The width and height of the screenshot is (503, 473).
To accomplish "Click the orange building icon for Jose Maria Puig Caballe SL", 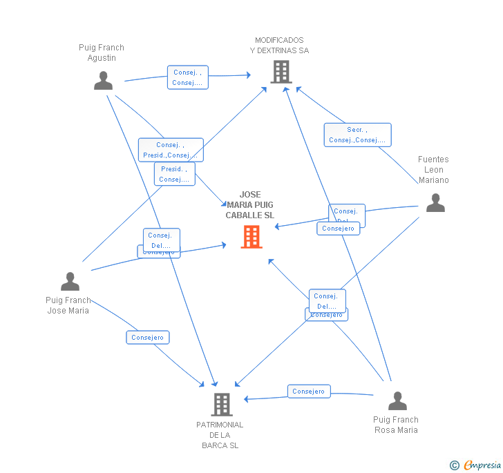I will (251, 237).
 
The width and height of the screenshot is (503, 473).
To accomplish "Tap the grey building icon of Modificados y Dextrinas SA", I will (281, 71).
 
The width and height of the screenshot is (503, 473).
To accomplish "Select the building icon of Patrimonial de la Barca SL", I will (221, 404).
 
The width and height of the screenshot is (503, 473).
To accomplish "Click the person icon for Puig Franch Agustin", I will (103, 81).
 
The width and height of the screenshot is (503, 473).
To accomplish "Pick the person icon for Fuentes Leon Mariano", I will (435, 202).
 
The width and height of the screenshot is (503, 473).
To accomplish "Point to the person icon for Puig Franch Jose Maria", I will (70, 281).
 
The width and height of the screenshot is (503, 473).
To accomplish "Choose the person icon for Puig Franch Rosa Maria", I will (397, 401).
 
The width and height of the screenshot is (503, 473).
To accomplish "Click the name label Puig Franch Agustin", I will (102, 52).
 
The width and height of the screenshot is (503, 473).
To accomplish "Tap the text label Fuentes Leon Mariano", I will (433, 170).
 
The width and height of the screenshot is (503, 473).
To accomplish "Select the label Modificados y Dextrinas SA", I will (279, 46).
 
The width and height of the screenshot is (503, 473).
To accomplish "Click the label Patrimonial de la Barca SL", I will (220, 435).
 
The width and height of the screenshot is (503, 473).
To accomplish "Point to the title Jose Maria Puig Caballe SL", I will (250, 205).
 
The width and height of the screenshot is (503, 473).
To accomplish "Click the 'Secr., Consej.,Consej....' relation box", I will (357, 135).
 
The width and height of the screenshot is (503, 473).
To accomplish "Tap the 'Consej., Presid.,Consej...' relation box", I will (171, 150).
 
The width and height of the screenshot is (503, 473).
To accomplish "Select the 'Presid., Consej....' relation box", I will (174, 174).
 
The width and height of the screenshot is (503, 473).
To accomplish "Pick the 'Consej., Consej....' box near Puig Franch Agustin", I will (187, 77).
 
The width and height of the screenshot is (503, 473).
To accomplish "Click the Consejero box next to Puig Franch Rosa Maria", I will (308, 392).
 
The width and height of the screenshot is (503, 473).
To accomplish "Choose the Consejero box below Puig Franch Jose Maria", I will (148, 338).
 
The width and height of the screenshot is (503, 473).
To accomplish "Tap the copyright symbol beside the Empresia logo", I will (455, 466).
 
